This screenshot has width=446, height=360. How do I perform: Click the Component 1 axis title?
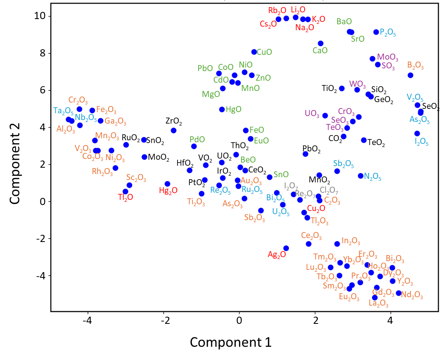click(230, 342)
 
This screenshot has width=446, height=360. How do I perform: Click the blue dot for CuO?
click(254, 52)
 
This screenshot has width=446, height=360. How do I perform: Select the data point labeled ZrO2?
click(174, 130)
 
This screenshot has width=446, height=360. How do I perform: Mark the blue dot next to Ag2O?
click(286, 248)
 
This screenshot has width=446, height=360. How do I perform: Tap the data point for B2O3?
click(410, 75)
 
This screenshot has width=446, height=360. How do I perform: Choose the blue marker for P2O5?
click(376, 32)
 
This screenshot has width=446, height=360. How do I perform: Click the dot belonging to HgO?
click(222, 109)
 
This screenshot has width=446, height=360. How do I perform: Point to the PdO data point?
click(194, 146)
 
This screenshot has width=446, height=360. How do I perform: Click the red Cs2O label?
click(268, 24)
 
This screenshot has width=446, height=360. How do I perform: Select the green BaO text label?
click(344, 21)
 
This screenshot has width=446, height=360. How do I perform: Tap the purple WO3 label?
click(357, 84)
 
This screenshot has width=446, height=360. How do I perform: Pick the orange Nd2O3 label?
click(412, 295)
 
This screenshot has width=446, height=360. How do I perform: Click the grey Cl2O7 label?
click(329, 190)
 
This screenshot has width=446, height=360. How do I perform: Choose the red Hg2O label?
click(168, 190)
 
